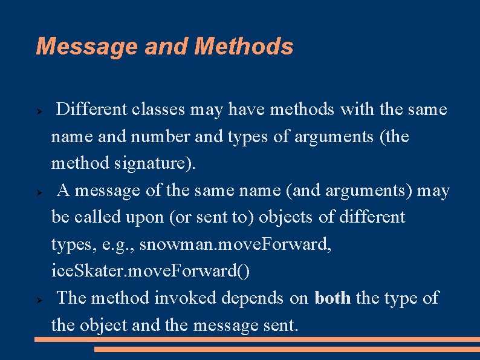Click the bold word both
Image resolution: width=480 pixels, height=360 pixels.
pyautogui.click(x=332, y=298)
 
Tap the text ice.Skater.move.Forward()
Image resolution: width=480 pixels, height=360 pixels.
pyautogui.click(x=150, y=271)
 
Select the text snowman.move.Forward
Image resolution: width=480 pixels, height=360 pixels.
pyautogui.click(x=225, y=244)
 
